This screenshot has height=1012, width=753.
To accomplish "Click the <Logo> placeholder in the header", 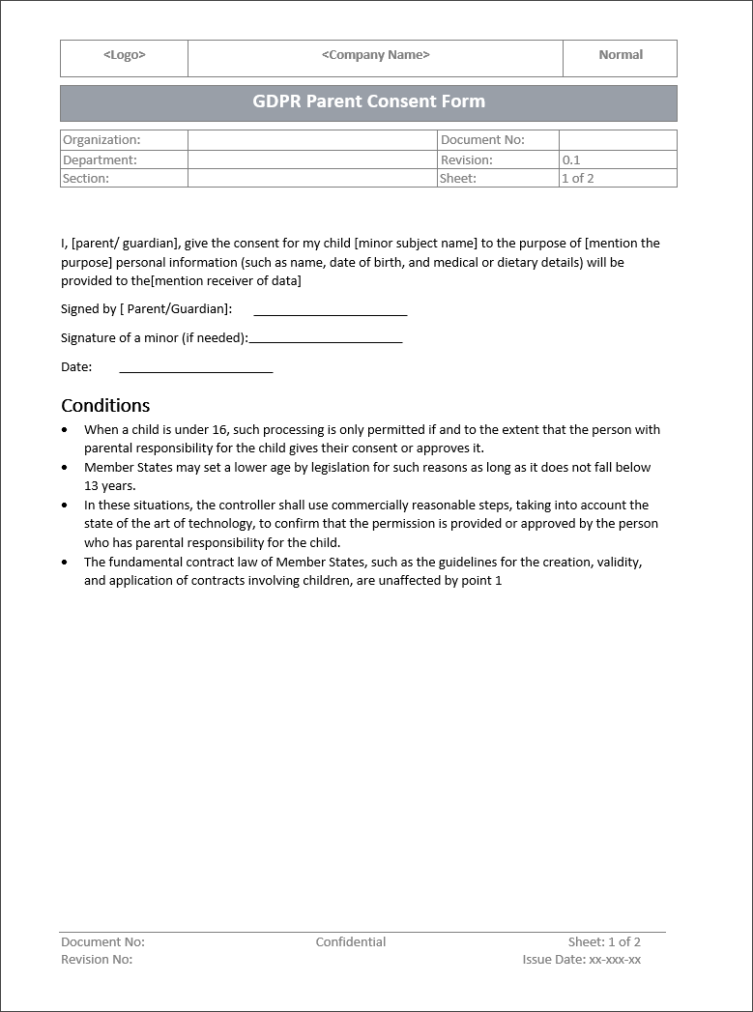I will (124, 55).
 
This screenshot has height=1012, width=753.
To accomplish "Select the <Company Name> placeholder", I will (375, 55).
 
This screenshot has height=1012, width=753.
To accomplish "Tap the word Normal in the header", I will (621, 55).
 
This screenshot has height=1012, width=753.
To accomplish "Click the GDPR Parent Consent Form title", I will (368, 101).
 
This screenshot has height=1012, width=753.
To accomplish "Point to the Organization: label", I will (101, 140).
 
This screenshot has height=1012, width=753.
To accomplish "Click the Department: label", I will (100, 159).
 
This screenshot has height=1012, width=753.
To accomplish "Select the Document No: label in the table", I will (482, 140).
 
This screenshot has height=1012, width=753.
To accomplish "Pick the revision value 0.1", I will (571, 159).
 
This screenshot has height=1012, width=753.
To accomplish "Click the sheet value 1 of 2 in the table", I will (577, 178).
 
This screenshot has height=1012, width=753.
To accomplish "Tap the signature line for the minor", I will (325, 341).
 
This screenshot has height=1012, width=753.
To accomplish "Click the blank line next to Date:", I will (195, 370).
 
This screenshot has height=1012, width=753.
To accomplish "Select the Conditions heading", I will (105, 405).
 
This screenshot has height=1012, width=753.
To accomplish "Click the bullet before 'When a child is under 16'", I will (65, 430).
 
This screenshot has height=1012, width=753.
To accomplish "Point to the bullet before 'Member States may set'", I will (65, 468).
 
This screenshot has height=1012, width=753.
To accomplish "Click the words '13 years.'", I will (110, 486).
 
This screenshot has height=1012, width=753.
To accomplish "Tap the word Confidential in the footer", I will (350, 941).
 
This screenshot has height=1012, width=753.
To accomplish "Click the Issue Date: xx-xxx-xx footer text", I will (581, 960).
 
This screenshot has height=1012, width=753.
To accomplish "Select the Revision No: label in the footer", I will (97, 960).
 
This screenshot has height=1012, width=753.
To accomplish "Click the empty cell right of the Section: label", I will (311, 178).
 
